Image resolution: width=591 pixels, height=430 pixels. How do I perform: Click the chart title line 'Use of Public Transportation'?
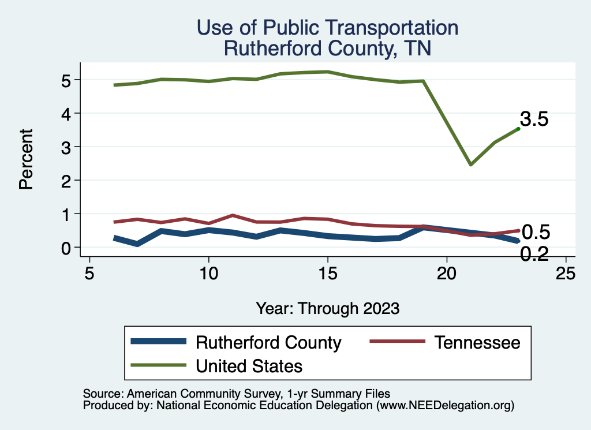coord(327,28)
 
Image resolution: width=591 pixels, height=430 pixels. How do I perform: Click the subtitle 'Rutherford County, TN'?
coord(327,48)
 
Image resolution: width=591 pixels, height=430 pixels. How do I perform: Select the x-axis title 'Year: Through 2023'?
coord(327,308)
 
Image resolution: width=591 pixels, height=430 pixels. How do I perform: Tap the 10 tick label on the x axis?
coord(208,273)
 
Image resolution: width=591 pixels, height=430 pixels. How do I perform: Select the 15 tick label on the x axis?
coord(328,273)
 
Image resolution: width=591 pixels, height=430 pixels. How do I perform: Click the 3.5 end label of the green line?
coord(534,119)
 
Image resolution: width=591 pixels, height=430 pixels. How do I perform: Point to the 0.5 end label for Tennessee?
coord(536,232)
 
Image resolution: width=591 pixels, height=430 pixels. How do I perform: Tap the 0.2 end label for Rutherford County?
coord(534,253)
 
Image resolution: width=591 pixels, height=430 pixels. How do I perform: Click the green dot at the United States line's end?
coord(518,129)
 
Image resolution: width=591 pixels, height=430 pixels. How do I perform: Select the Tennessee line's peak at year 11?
coord(232,215)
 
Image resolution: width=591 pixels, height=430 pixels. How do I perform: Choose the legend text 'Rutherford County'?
coord(268,342)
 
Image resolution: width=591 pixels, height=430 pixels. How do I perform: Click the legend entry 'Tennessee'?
coord(477,342)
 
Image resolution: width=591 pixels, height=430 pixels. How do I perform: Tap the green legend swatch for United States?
coord(158,365)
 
